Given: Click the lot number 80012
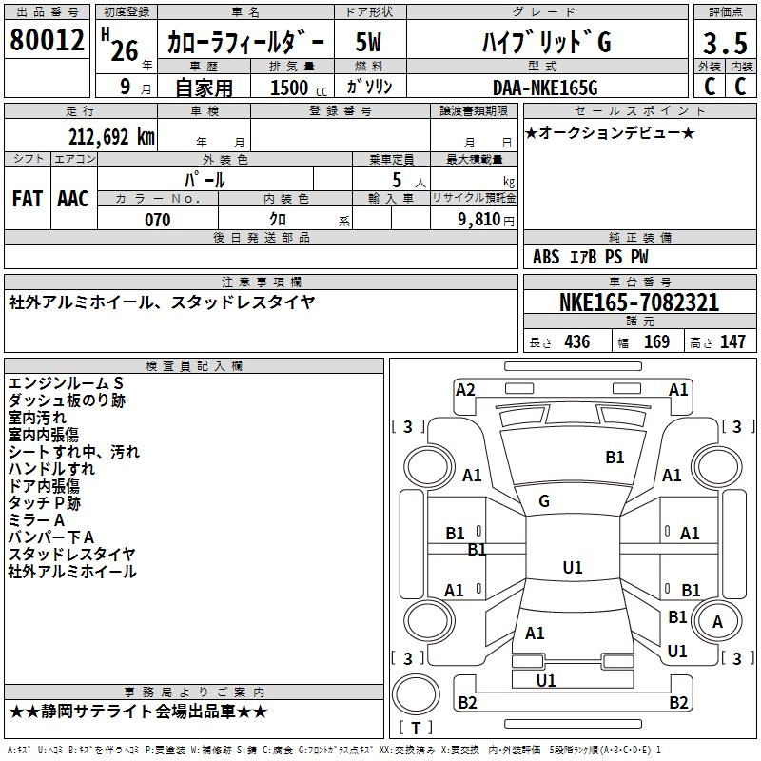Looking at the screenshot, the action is pyautogui.click(x=48, y=39).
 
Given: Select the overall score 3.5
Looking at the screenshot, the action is pyautogui.click(x=725, y=44).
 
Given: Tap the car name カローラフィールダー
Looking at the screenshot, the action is pyautogui.click(x=245, y=43).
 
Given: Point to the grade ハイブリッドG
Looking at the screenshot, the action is pyautogui.click(x=544, y=43).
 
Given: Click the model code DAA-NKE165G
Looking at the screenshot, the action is pyautogui.click(x=545, y=88).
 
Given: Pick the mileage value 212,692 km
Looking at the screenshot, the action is pyautogui.click(x=111, y=136).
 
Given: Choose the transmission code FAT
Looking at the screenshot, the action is pyautogui.click(x=28, y=198).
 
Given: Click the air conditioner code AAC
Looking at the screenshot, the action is pyautogui.click(x=73, y=198).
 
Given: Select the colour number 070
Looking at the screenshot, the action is pyautogui.click(x=157, y=220).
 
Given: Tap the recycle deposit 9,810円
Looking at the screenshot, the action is pyautogui.click(x=482, y=220).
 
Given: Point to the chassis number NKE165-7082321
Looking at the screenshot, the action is pyautogui.click(x=638, y=302).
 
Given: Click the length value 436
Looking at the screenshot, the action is pyautogui.click(x=576, y=341).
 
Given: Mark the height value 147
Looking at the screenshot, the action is pyautogui.click(x=732, y=341).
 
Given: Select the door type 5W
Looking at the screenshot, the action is pyautogui.click(x=369, y=43).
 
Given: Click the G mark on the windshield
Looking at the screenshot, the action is pyautogui.click(x=544, y=501).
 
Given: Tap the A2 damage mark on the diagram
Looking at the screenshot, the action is pyautogui.click(x=465, y=389).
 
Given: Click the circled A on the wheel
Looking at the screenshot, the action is pyautogui.click(x=717, y=622).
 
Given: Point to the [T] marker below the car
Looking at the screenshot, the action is pyautogui.click(x=416, y=728).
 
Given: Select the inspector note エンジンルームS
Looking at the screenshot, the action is pyautogui.click(x=66, y=382).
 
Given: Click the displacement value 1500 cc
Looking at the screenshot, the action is pyautogui.click(x=295, y=88).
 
